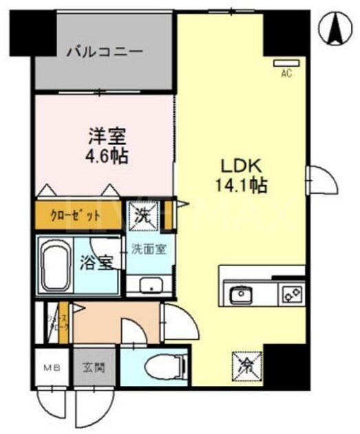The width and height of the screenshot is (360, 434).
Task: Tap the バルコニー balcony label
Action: tap(105, 52)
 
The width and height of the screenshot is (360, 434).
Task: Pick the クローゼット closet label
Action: tap(74, 213)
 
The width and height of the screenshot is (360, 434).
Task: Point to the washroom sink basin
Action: tap(147, 285)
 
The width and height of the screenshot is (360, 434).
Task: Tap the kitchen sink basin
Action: tap(241, 295)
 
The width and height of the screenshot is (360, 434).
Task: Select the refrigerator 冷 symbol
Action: tap(246, 362)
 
